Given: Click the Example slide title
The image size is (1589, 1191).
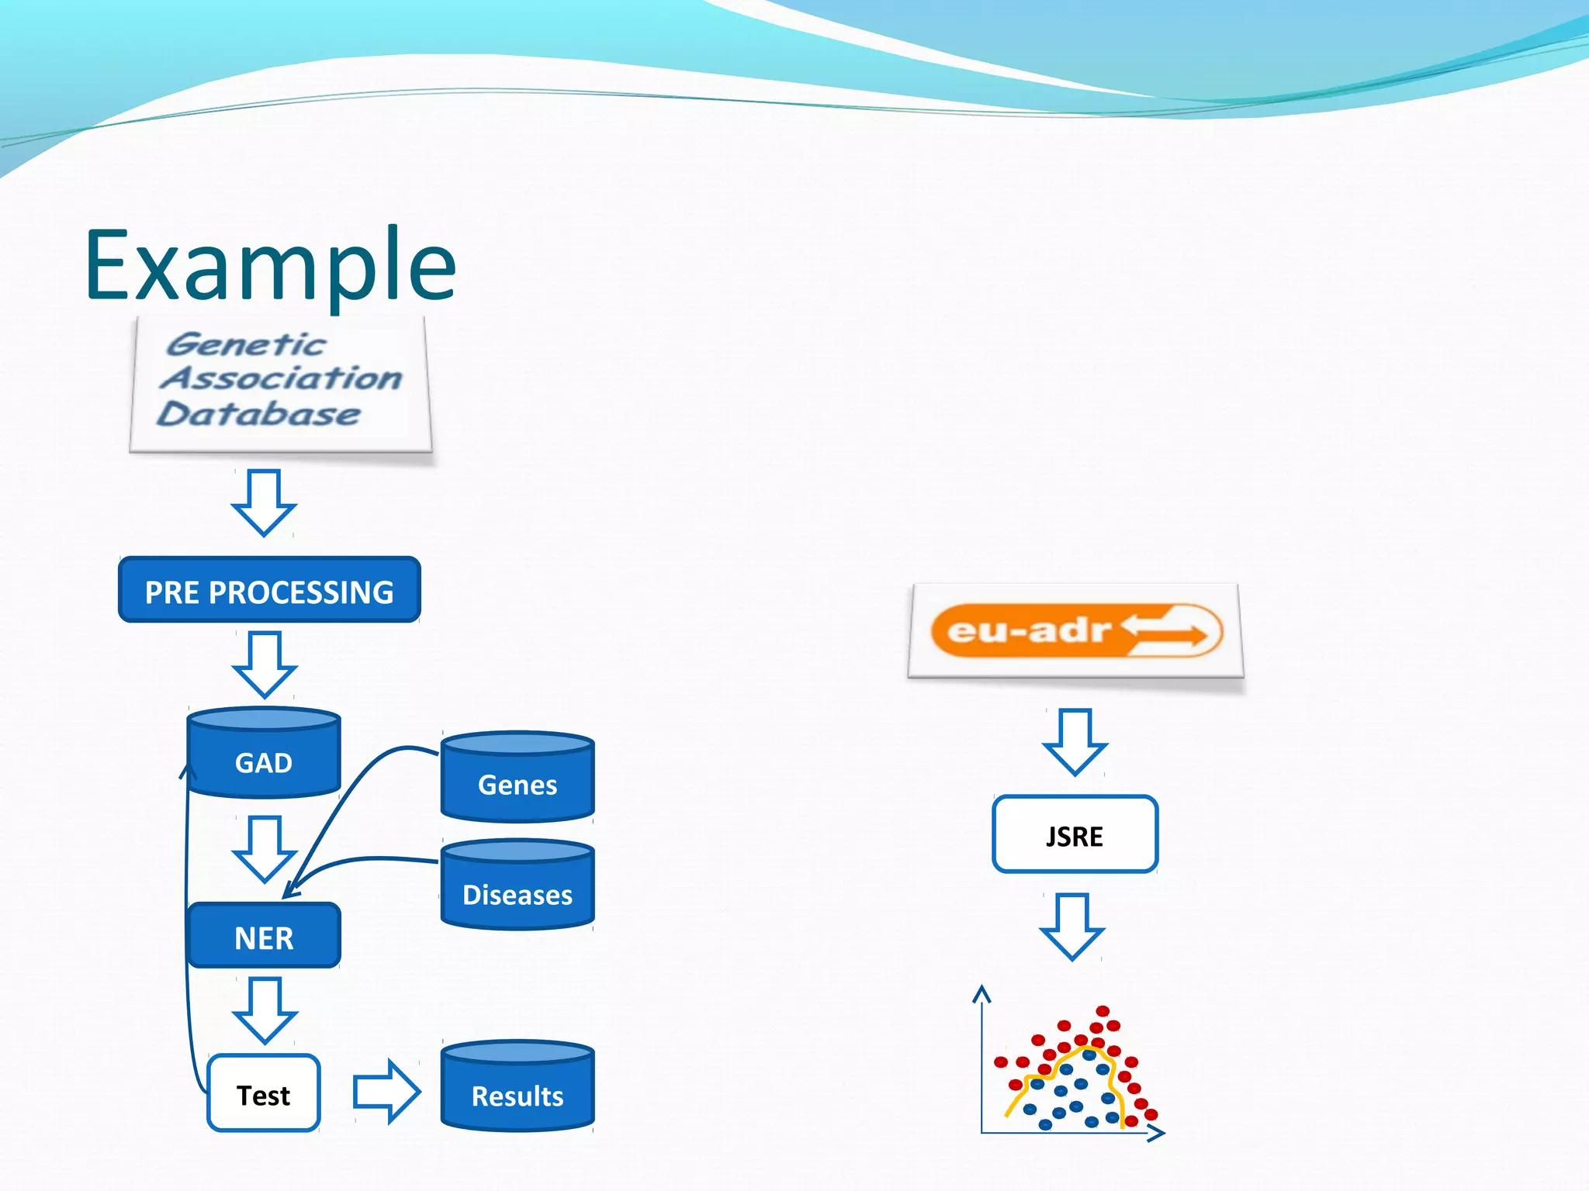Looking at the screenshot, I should [x=270, y=266].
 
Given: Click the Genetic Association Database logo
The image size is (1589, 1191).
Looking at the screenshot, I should [x=280, y=382].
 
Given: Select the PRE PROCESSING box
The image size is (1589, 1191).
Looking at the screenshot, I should [x=269, y=590].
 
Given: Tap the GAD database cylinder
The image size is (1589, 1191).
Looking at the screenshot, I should [x=264, y=754].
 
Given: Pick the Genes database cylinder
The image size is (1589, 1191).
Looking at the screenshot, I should [x=518, y=778].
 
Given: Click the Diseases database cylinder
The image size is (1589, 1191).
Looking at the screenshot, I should [x=518, y=886].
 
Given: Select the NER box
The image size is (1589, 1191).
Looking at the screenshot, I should [x=264, y=937].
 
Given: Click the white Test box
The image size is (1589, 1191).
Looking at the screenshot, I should [x=264, y=1094].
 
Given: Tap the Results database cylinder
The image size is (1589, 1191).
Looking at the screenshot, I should [x=518, y=1087].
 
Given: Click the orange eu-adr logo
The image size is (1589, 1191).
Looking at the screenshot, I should [x=1075, y=630].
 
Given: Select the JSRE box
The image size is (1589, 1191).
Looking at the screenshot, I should [x=1075, y=835].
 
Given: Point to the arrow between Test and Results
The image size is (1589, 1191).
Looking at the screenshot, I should [x=386, y=1092].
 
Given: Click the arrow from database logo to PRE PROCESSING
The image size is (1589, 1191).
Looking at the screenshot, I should [x=264, y=502].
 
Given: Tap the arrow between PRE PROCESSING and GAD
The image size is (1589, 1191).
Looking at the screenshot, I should [x=264, y=665].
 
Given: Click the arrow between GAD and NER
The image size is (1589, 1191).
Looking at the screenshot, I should [x=264, y=849].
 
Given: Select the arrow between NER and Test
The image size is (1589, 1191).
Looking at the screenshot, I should [x=264, y=1010].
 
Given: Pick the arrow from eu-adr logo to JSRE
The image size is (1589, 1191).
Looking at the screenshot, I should [x=1075, y=742].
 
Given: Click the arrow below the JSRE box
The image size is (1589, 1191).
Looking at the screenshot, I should [x=1072, y=927].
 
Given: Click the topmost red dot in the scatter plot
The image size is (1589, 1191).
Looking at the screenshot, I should [x=1103, y=1011].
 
